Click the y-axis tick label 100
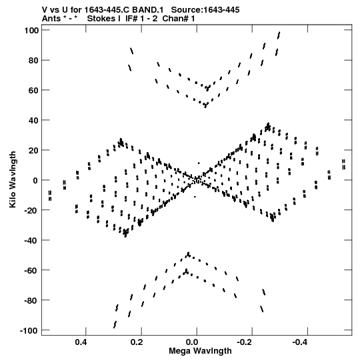click(31, 30)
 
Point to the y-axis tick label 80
click(33, 60)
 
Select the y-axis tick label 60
click(33, 90)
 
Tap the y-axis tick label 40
click(33, 120)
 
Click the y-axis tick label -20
click(31, 210)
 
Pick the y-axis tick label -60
click(31, 270)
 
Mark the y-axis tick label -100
click(29, 330)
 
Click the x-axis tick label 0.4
click(81, 342)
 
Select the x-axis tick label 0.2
click(137, 342)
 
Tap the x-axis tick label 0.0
click(192, 342)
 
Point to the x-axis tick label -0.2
click(246, 342)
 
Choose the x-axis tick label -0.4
click(301, 342)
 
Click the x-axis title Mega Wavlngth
click(201, 351)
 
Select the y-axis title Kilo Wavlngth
click(13, 179)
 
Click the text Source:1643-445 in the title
click(205, 10)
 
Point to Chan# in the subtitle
click(176, 19)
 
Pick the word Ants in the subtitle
click(51, 19)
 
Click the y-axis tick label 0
click(35, 180)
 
